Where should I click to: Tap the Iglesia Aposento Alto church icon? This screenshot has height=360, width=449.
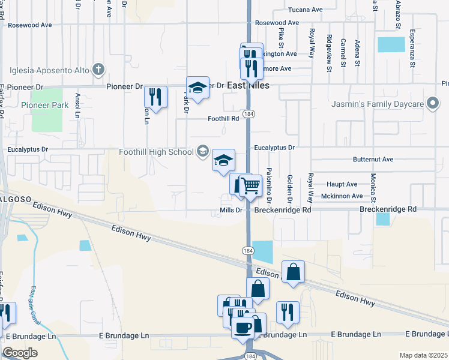(x=98, y=70)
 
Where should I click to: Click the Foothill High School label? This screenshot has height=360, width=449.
(x=155, y=152)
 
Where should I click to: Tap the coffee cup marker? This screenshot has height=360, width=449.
(x=244, y=328)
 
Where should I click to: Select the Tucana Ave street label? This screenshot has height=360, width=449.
(x=305, y=10)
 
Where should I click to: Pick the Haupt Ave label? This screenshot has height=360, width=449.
(x=342, y=184)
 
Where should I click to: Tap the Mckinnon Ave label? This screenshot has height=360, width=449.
(x=342, y=196)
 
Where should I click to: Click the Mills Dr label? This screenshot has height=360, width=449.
(x=231, y=210)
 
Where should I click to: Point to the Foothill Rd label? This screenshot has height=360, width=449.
(x=223, y=118)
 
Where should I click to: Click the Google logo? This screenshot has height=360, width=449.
(x=19, y=353)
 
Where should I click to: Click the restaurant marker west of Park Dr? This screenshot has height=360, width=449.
(x=155, y=97)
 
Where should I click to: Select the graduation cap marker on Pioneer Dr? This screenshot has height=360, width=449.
(x=197, y=87)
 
